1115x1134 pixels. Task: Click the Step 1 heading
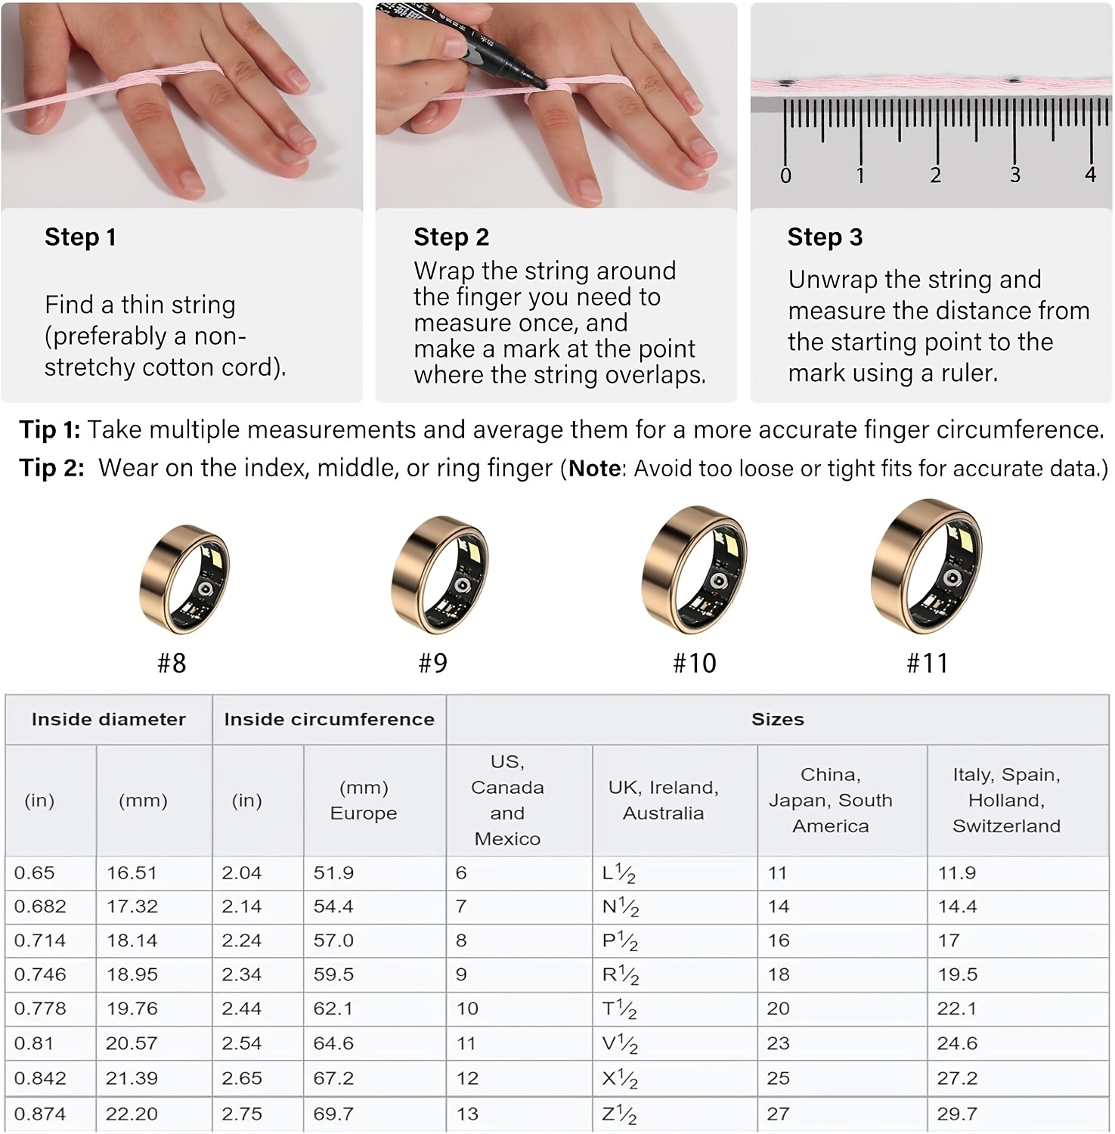click(80, 237)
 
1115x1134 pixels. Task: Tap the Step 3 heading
click(825, 237)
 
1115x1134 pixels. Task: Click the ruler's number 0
click(785, 176)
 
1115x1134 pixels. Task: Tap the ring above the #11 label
click(926, 567)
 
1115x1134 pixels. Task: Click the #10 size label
click(694, 664)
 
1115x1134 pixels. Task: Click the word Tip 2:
click(51, 468)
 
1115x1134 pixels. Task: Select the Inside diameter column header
click(108, 720)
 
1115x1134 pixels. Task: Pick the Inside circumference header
click(329, 720)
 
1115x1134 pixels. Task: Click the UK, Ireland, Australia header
click(663, 801)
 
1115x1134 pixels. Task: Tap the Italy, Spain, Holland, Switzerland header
click(1006, 801)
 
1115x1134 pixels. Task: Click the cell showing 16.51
click(132, 873)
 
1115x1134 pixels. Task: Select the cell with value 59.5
click(333, 975)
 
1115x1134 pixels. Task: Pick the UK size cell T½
click(619, 1009)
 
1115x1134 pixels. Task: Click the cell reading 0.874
click(40, 1114)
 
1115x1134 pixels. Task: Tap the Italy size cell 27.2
click(957, 1079)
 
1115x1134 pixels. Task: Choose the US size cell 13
click(467, 1114)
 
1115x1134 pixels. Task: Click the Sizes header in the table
click(777, 720)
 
